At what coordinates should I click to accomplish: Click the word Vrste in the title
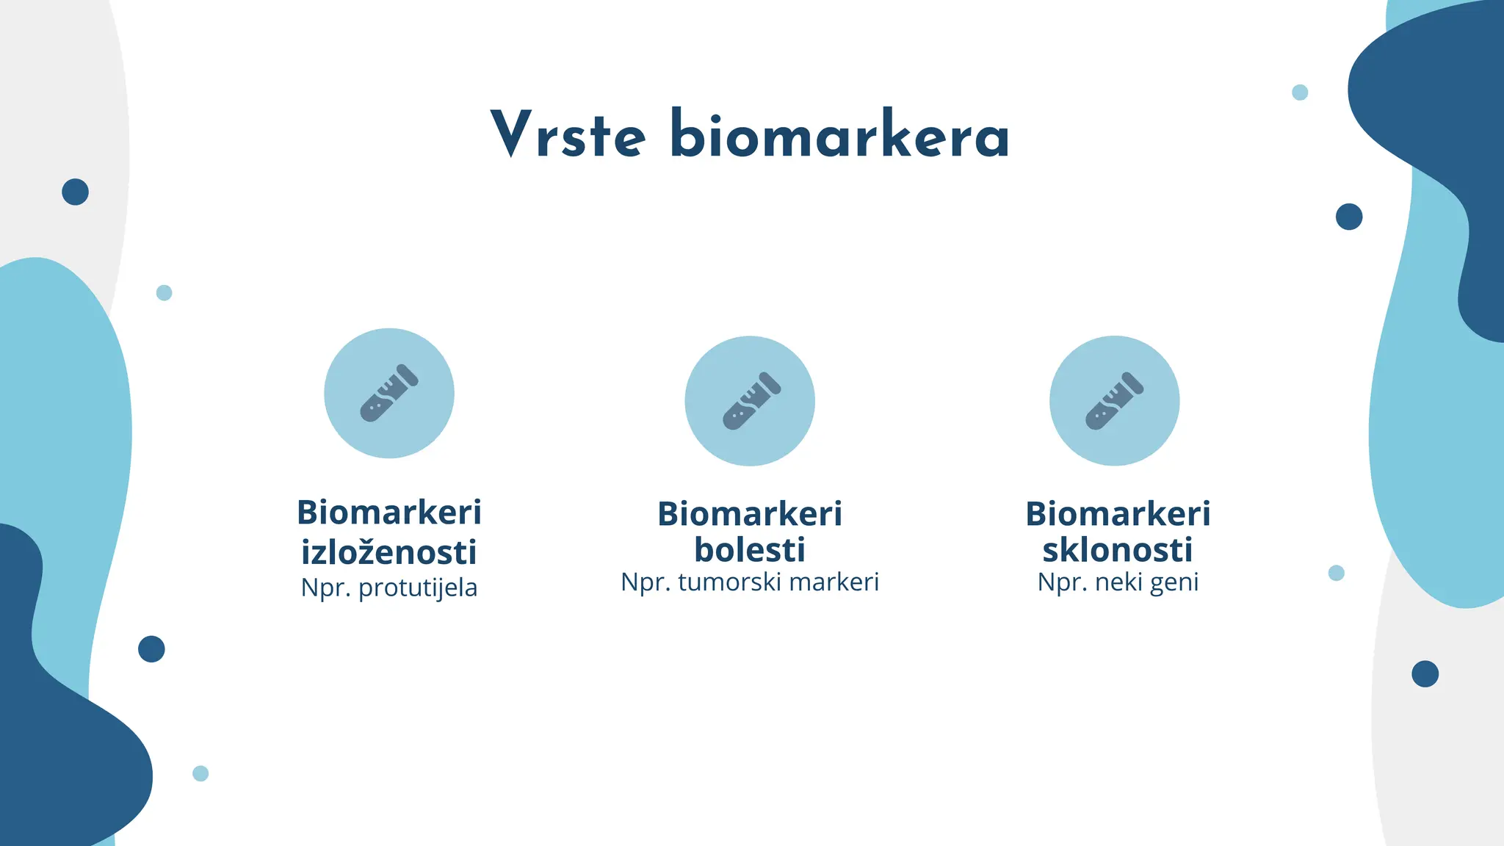pos(568,135)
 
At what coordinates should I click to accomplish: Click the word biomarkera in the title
pos(839,135)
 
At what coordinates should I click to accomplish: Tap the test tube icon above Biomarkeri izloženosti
pos(389,393)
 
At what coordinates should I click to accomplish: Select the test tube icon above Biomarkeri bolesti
pos(750,401)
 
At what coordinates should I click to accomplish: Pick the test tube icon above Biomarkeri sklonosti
pos(1114,401)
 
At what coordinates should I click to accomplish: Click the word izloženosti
pos(389,552)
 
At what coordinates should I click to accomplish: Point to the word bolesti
pos(750,550)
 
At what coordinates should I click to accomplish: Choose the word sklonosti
pos(1117,550)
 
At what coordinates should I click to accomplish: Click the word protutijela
pos(418,588)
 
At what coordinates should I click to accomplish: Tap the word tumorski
pos(729,582)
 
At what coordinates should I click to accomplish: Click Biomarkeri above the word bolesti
pos(750,513)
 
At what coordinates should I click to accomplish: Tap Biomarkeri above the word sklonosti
pos(1117,513)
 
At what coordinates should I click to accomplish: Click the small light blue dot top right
pos(1300,93)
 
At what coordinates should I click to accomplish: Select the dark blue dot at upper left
pos(75,192)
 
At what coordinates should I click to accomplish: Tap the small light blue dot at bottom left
pos(200,773)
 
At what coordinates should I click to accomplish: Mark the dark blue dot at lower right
pos(1425,673)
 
